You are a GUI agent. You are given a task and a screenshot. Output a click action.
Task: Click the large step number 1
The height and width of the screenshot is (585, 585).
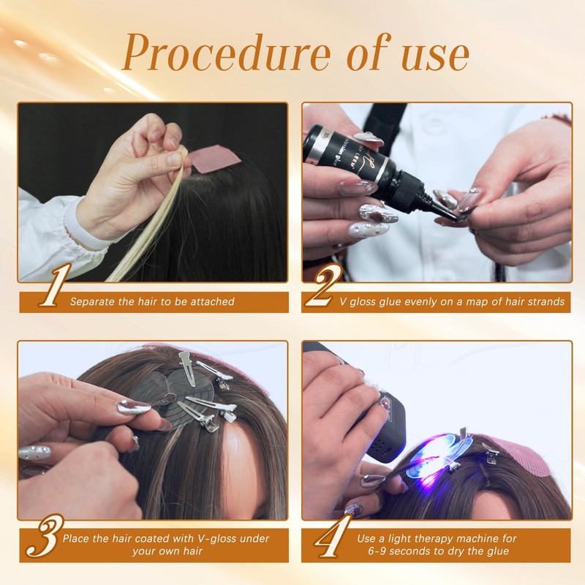(x=55, y=284)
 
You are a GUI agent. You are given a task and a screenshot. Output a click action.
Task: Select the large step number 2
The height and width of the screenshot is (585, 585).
(x=323, y=284)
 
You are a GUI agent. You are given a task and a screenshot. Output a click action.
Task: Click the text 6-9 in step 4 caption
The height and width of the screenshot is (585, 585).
(x=377, y=551)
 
